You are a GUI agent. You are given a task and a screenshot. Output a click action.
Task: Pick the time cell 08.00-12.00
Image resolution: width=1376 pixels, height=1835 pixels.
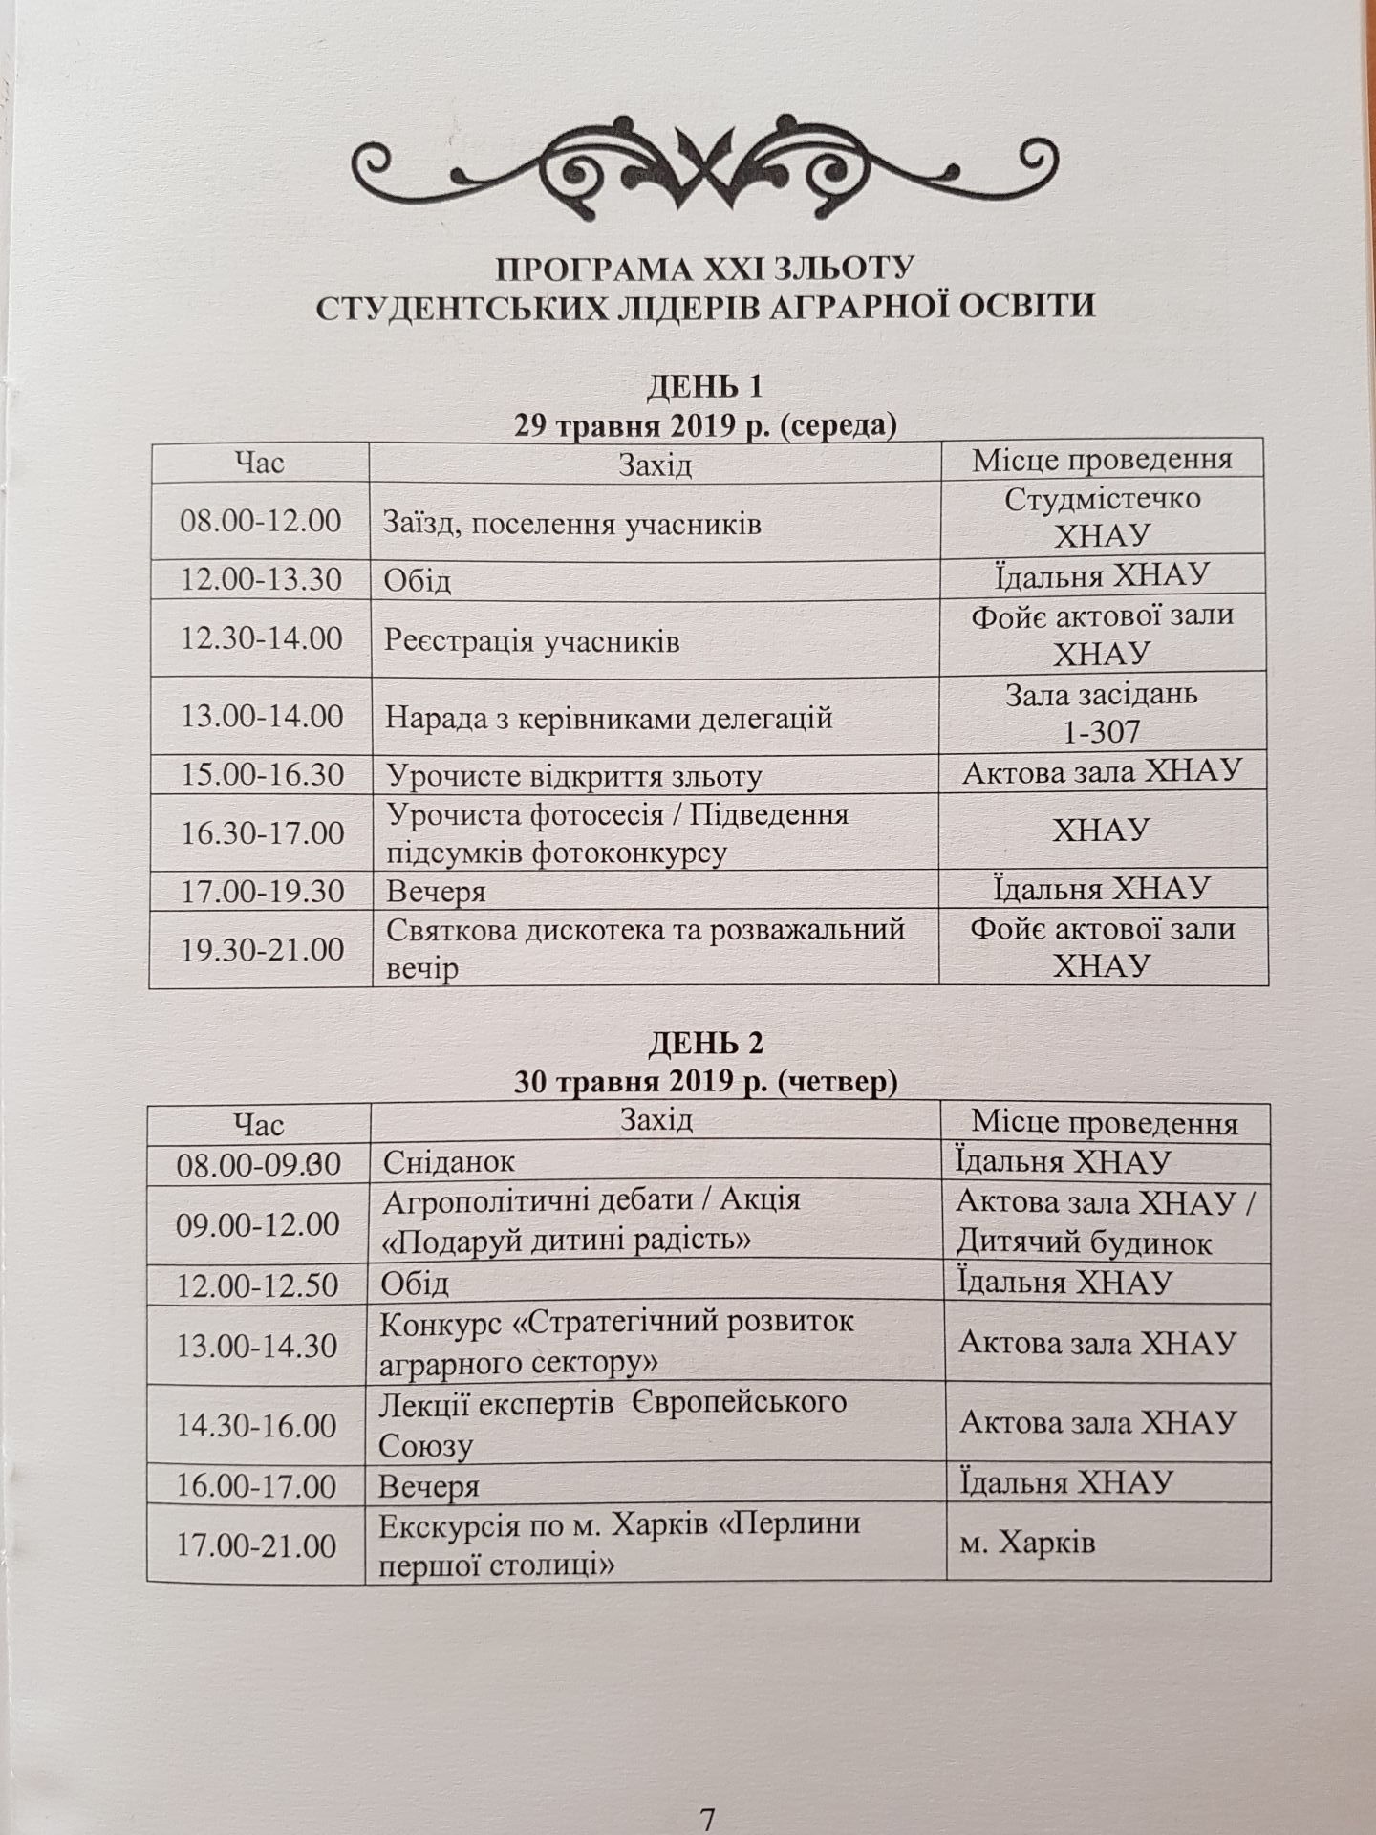pos(261,522)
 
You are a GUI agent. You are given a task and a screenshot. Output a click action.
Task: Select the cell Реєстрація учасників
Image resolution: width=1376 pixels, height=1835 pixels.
pos(531,640)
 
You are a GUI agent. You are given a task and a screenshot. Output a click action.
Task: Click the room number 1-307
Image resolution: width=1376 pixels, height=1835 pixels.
pos(1101,732)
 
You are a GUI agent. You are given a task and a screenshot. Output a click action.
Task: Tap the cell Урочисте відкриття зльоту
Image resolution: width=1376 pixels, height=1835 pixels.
pos(573,775)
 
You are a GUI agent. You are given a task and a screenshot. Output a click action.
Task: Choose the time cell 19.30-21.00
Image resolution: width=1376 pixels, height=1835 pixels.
pos(261,949)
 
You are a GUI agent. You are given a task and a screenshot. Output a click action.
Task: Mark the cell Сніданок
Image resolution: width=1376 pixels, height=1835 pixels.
pos(448,1161)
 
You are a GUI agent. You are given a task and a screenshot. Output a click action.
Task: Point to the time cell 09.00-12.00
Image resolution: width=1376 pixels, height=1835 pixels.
pos(258,1223)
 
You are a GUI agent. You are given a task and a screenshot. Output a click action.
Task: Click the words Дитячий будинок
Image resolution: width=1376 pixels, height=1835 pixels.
pos(1085,1243)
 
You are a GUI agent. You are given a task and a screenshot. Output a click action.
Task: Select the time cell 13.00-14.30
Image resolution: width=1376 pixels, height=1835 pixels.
pos(258,1345)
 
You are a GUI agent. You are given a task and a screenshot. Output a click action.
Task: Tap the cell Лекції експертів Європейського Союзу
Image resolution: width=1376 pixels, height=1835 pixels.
pos(612,1424)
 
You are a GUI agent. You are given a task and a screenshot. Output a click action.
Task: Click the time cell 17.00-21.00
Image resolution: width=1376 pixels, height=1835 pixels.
pos(258,1544)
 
